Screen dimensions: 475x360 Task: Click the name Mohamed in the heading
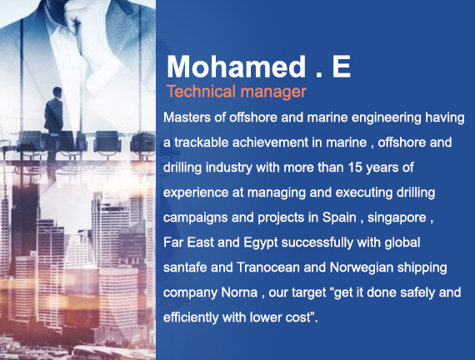point(237,67)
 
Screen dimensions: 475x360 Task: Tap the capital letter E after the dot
point(341,67)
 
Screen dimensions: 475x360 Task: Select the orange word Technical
point(201,91)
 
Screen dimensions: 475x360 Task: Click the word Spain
point(339,217)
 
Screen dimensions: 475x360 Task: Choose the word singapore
point(397,217)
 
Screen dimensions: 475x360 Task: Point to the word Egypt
point(261,242)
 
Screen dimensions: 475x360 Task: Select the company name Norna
point(239,292)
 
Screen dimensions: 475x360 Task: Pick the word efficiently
point(191,317)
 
